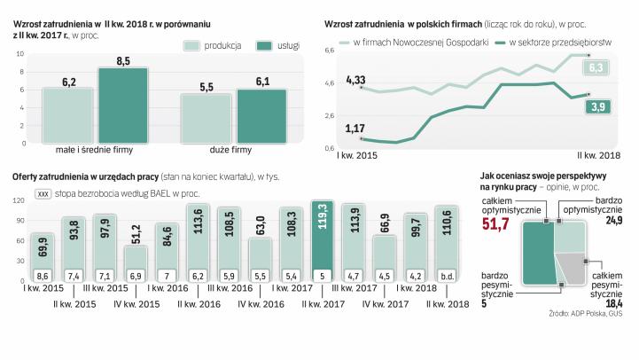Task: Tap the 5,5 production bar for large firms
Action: pos(206,117)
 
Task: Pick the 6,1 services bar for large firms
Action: pos(261,114)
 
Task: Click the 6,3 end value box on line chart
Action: pos(595,67)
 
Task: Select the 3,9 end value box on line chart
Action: pos(596,107)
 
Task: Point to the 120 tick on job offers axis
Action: pos(18,202)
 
